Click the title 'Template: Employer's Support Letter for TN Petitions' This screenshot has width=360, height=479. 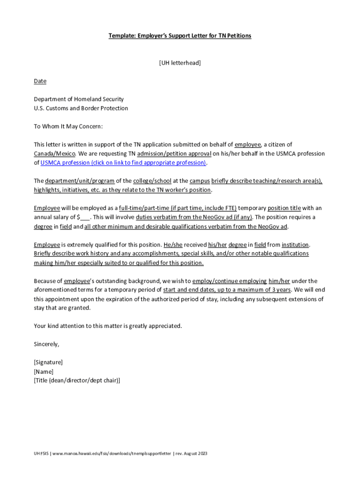click(x=180, y=36)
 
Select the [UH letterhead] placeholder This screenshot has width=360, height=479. click(x=180, y=63)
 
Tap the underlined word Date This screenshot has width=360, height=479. click(x=40, y=81)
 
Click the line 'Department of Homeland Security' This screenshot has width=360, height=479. click(x=79, y=99)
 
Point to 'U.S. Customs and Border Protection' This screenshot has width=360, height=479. click(x=81, y=108)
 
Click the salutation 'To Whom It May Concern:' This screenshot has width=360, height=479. click(x=68, y=126)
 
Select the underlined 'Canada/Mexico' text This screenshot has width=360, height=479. click(x=54, y=153)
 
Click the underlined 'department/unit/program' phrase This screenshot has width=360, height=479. click(x=80, y=181)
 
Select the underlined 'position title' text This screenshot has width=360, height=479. click(x=284, y=208)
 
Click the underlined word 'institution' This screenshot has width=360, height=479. click(x=295, y=245)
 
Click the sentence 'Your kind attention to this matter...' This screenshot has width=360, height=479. click(x=108, y=326)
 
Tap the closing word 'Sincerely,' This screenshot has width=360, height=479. click(x=47, y=344)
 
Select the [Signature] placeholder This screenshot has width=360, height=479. click(x=48, y=362)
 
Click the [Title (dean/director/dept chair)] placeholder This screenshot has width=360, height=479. click(x=77, y=380)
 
